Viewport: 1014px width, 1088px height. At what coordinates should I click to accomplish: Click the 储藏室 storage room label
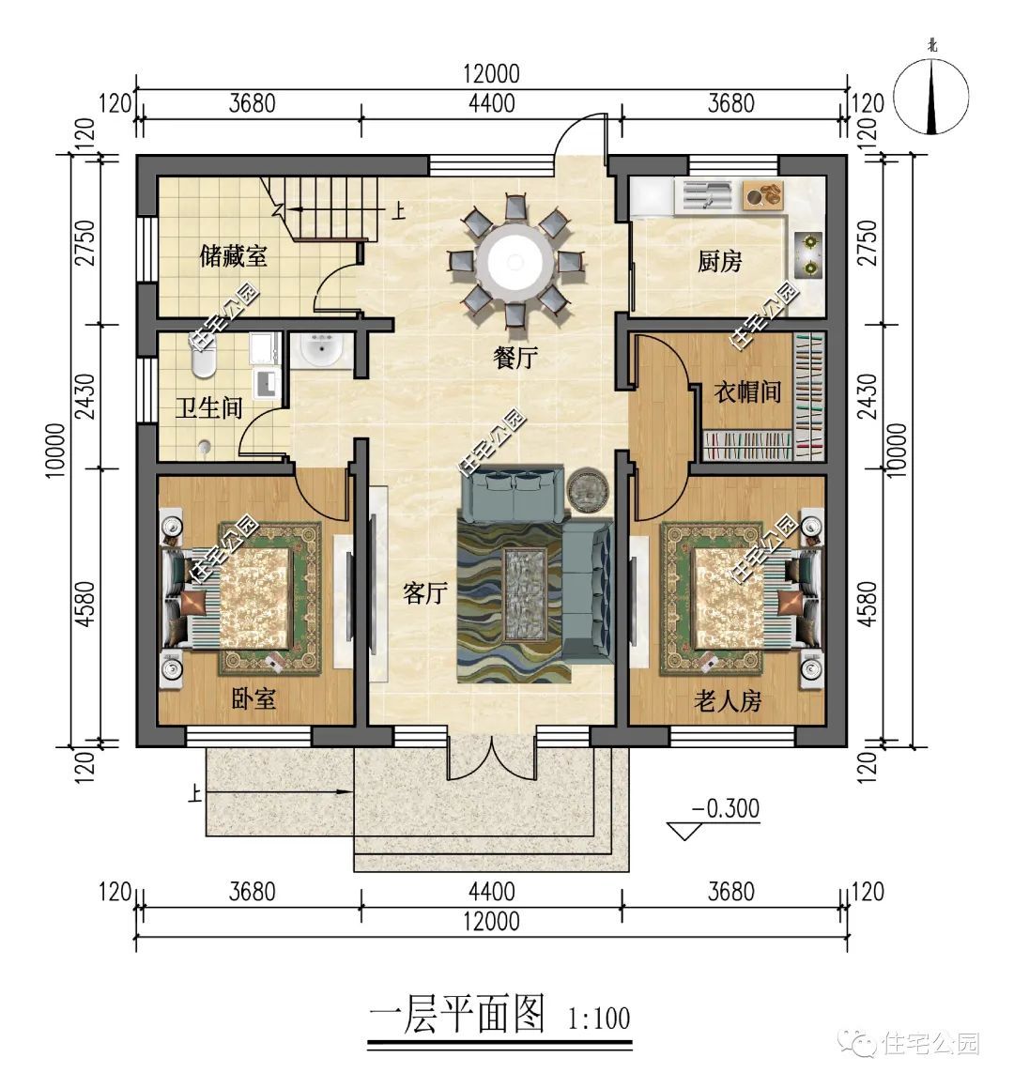tap(233, 256)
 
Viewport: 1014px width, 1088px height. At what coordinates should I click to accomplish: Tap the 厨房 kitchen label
tap(719, 262)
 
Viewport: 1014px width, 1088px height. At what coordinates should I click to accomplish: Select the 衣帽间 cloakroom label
tap(747, 391)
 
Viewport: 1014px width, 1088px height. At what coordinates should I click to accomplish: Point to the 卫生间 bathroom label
tap(209, 407)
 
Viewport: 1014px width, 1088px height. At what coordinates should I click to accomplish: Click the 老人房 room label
tap(727, 700)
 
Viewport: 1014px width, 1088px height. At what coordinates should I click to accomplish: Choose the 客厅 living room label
tap(424, 593)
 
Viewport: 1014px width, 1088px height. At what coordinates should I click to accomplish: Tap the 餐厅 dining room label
tap(515, 357)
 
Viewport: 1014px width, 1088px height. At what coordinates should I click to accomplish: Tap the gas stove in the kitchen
tap(808, 254)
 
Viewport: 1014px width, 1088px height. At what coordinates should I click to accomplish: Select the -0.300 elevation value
tap(725, 808)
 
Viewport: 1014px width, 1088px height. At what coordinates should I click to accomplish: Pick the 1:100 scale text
tap(599, 1018)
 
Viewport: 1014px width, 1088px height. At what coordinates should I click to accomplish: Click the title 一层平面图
tap(457, 1015)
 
